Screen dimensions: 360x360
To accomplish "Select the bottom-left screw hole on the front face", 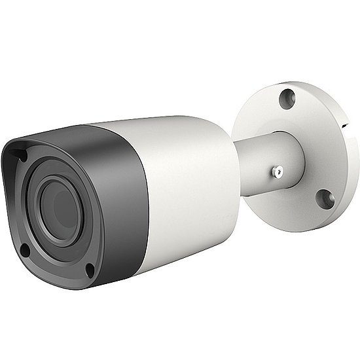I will pos(24,249).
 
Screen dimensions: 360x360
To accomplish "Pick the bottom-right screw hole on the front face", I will pos(90,268).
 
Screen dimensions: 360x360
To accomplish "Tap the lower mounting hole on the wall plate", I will pos(323,199).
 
